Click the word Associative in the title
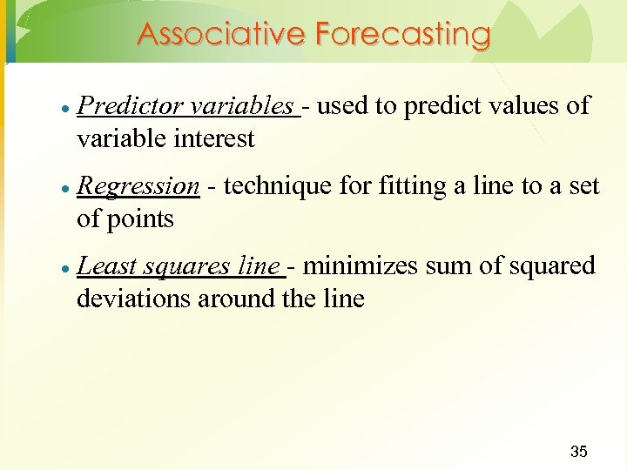coord(221,35)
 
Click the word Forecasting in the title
coord(403,35)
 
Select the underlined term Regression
coord(138,186)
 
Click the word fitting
coord(409,186)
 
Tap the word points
coord(141,218)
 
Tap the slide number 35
coord(578,451)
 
